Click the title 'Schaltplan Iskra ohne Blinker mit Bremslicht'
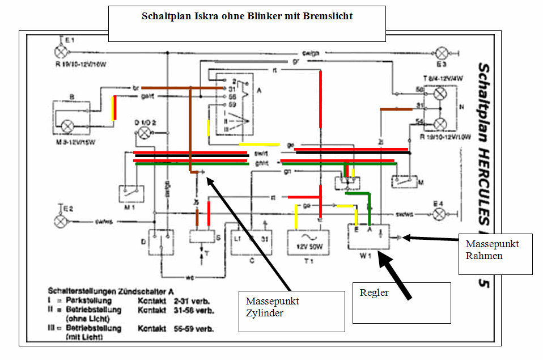(247, 16)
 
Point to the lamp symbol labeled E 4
(438, 214)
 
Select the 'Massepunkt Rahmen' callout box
(496, 253)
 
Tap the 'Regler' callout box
(401, 303)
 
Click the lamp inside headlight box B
(68, 125)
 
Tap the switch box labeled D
(160, 240)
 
